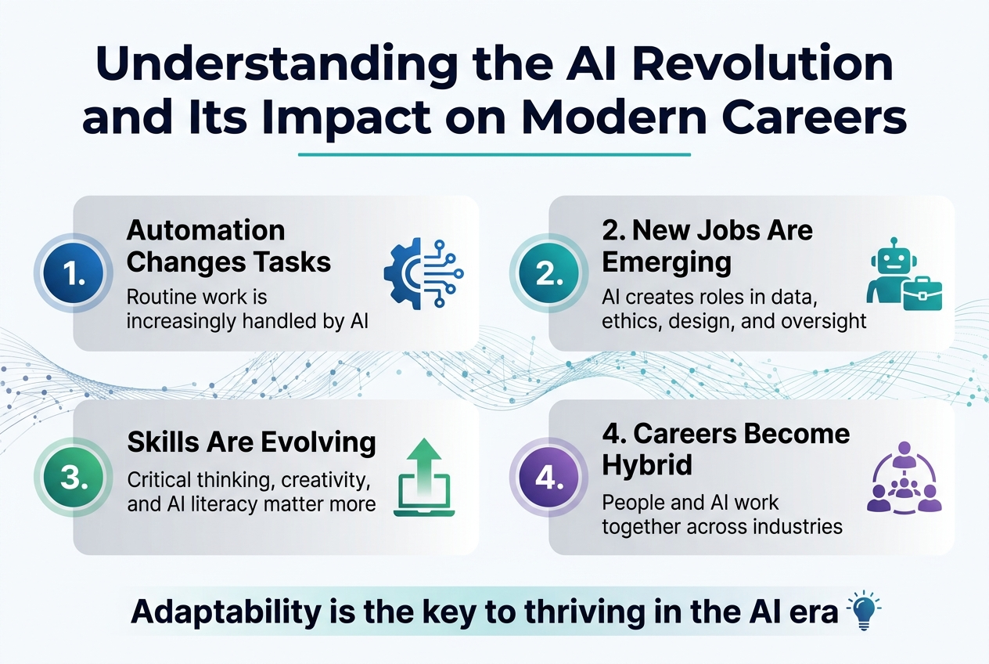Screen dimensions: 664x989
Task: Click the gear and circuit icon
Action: click(x=423, y=272)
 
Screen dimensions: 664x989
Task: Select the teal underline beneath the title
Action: click(x=494, y=154)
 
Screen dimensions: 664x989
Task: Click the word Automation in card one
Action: click(x=206, y=230)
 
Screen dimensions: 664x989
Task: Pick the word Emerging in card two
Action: click(x=667, y=262)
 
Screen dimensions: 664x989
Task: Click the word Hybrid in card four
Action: click(x=646, y=464)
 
